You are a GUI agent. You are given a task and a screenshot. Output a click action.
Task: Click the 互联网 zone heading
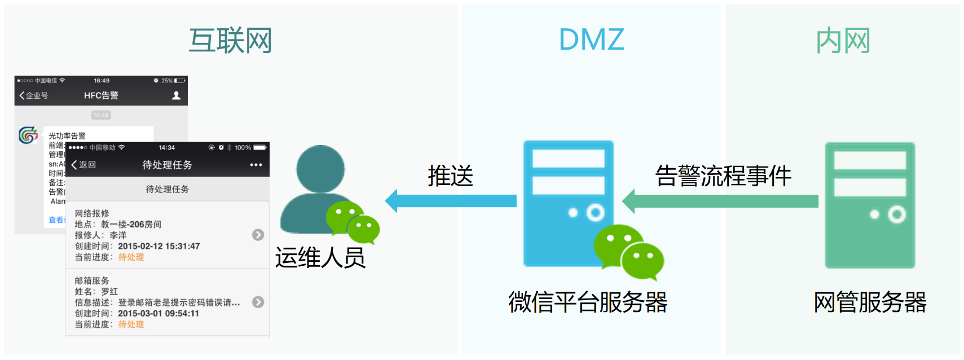230,41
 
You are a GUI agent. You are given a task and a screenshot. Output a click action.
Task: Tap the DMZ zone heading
591,39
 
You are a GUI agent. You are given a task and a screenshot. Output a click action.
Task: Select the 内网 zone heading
843,41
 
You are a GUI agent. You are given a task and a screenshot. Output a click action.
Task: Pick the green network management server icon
870,205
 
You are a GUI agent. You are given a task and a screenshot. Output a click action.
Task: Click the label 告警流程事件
723,176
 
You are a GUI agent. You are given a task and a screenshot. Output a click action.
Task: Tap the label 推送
450,176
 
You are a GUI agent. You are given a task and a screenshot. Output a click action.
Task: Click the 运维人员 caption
320,258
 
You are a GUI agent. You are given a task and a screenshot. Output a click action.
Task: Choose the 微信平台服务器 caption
588,302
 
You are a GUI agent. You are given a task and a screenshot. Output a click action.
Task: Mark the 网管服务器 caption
870,302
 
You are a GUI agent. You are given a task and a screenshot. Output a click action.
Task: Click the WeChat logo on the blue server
628,252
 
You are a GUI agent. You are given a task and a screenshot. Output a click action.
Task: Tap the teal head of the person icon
320,169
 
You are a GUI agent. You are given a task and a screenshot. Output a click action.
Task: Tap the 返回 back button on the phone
84,165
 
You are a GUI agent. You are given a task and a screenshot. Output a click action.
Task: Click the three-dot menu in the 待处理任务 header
256,165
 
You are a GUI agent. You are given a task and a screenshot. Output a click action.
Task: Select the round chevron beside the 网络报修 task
258,235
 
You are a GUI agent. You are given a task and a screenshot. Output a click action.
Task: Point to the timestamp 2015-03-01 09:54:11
159,313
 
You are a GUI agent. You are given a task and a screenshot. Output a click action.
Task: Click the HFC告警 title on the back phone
101,95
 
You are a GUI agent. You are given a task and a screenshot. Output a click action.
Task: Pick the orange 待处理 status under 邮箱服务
131,324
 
